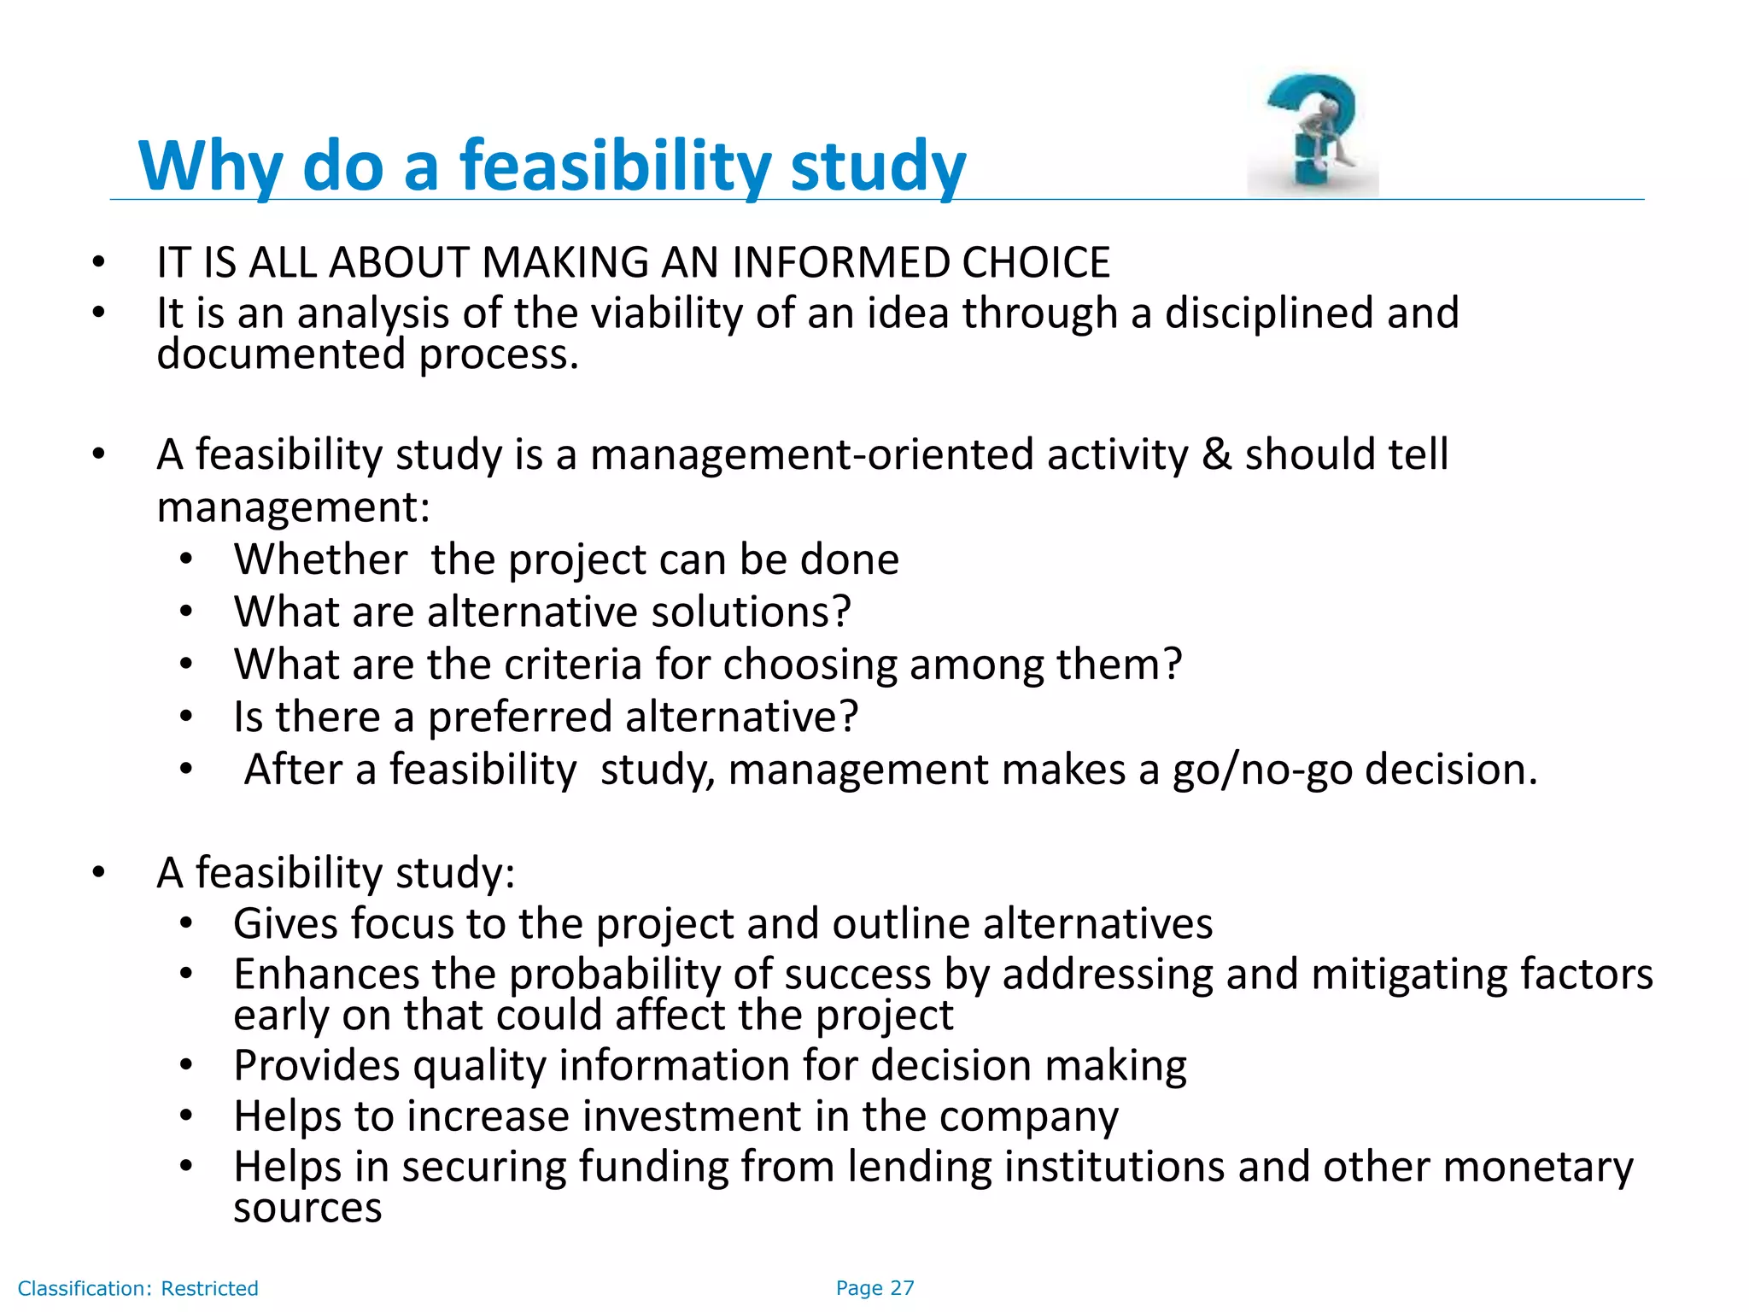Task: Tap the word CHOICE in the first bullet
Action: pos(1035,262)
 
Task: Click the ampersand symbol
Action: pos(1216,454)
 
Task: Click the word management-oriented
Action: pos(811,454)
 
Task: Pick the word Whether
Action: pos(320,560)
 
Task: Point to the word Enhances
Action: pos(326,975)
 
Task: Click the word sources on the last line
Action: pos(307,1209)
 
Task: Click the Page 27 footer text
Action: pos(874,1288)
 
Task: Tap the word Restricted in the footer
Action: pos(209,1289)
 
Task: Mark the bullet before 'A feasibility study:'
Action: pos(99,873)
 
